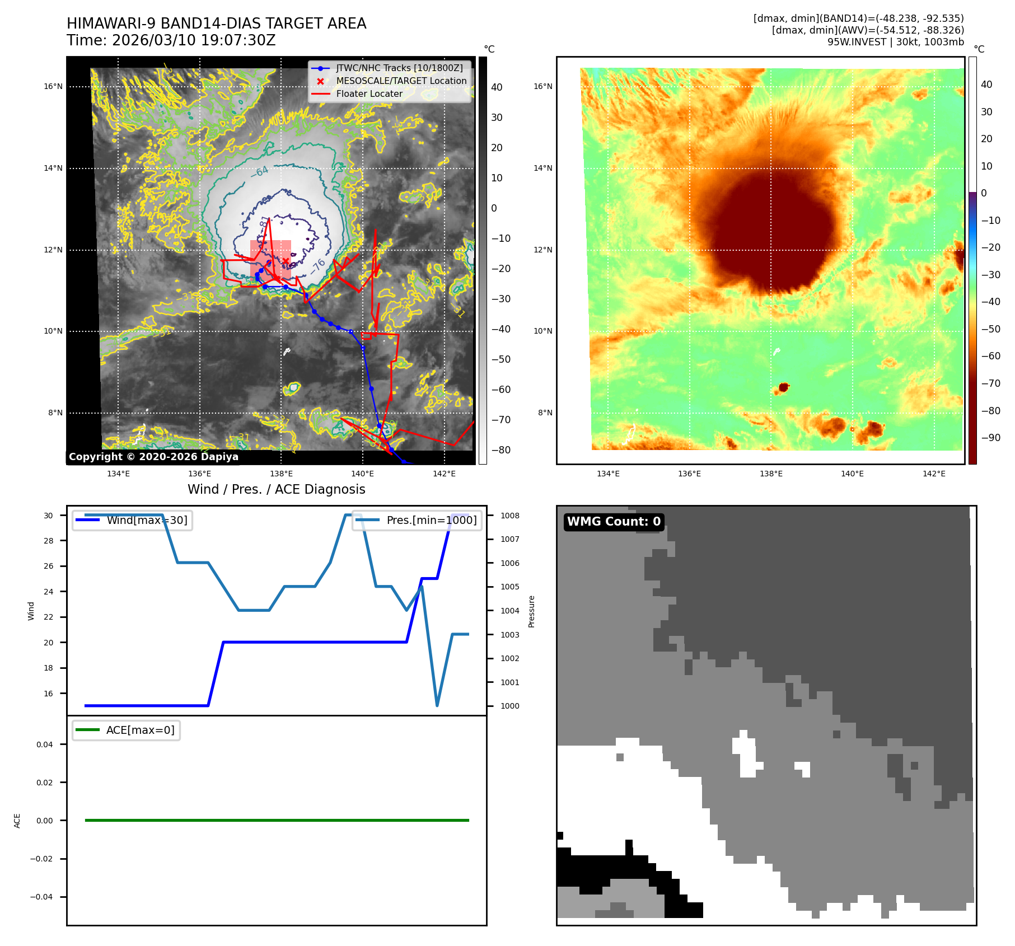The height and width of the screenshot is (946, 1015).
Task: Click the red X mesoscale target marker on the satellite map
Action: (x=286, y=261)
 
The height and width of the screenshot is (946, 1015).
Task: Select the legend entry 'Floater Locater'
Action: (x=369, y=94)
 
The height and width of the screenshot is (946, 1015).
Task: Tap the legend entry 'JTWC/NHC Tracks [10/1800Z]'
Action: (x=399, y=68)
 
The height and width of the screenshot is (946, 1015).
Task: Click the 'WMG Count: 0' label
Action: (x=614, y=522)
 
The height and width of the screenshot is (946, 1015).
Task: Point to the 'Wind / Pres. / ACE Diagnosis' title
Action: (x=276, y=489)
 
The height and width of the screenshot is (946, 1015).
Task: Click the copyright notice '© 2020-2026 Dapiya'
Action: (x=153, y=457)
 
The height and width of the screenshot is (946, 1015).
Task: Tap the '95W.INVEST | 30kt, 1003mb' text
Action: (x=895, y=42)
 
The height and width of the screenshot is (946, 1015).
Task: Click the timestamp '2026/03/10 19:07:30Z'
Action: (x=194, y=41)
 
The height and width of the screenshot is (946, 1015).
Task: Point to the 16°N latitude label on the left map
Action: (x=53, y=87)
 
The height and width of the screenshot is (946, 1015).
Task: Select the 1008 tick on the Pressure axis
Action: (x=509, y=516)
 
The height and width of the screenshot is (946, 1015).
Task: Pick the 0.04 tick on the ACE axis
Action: (x=45, y=744)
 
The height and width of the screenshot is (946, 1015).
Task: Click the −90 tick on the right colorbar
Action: (x=990, y=438)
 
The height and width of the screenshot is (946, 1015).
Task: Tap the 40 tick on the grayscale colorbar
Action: (x=497, y=87)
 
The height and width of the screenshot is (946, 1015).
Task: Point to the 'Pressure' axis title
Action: (x=531, y=611)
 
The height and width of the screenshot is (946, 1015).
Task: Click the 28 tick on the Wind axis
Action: (x=49, y=541)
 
